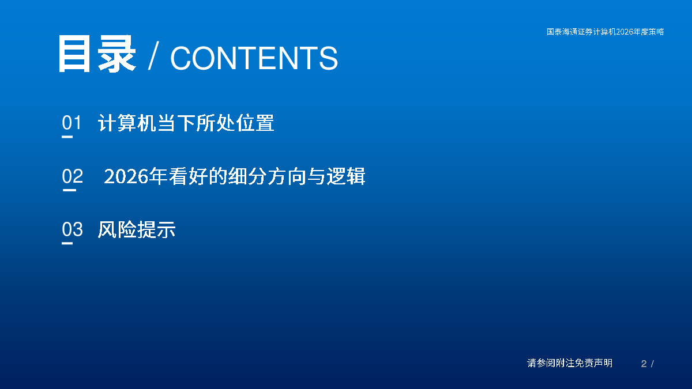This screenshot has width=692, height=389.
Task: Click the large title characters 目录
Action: pyautogui.click(x=97, y=54)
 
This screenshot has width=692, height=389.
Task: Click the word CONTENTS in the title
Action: pyautogui.click(x=254, y=58)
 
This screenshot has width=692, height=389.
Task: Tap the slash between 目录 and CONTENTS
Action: pyautogui.click(x=153, y=55)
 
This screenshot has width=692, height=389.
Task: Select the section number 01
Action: pyautogui.click(x=72, y=122)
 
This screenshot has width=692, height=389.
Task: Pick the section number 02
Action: pyautogui.click(x=72, y=176)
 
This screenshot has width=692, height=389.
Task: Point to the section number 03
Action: pyautogui.click(x=72, y=229)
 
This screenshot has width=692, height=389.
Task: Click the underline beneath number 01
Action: pyautogui.click(x=67, y=137)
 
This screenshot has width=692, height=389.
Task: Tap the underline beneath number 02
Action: pyautogui.click(x=69, y=190)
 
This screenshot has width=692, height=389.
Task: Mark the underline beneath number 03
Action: pyautogui.click(x=67, y=243)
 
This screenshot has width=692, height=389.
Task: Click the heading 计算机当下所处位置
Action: pyautogui.click(x=186, y=123)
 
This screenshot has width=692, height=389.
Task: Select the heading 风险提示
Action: pyautogui.click(x=137, y=229)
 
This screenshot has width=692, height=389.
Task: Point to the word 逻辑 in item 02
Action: pyautogui.click(x=346, y=176)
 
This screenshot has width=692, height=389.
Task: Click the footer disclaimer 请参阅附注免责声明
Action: pyautogui.click(x=570, y=363)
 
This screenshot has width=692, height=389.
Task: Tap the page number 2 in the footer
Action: pyautogui.click(x=644, y=364)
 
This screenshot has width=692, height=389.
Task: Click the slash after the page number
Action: pyautogui.click(x=652, y=364)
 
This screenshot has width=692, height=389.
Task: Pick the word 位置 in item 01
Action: pyautogui.click(x=255, y=123)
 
